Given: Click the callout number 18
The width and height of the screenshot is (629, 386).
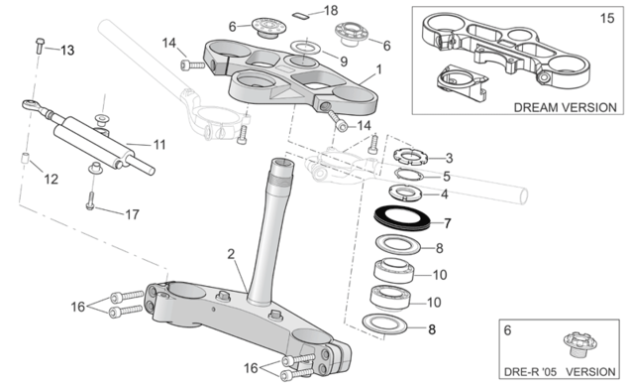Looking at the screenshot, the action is (x=331, y=11).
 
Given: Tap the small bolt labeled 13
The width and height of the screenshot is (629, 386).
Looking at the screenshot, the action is (x=40, y=46).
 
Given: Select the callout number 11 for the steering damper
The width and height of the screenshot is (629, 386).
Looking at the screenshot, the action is (x=159, y=145).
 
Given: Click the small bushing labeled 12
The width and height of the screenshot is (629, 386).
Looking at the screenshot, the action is (x=25, y=158).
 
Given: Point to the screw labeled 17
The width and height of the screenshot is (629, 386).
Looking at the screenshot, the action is (x=91, y=200).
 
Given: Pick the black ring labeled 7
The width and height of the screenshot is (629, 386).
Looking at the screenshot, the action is (x=402, y=218).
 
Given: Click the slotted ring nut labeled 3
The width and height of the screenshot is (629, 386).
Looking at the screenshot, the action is (x=410, y=156).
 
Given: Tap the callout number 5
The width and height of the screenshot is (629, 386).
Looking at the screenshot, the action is (x=447, y=176).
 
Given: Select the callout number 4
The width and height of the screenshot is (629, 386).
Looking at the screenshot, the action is (x=444, y=194).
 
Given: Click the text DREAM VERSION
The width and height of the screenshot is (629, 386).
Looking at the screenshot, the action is (x=565, y=107).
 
